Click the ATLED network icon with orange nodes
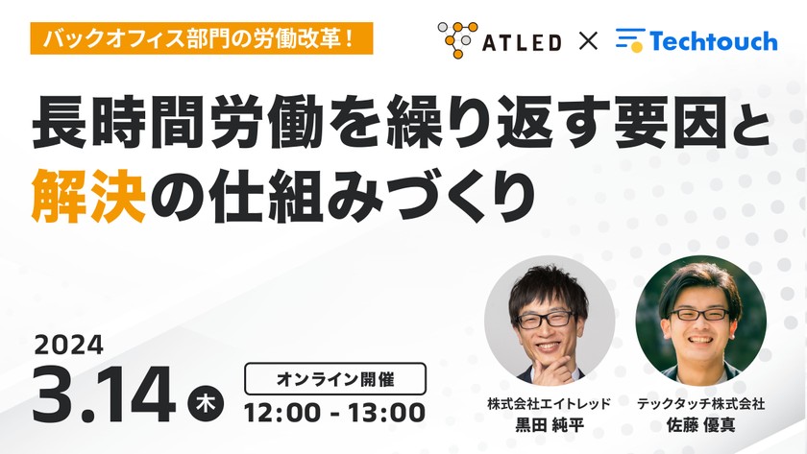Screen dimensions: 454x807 [456, 40]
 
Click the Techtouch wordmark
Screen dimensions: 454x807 [710, 41]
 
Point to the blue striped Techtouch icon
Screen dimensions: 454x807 [629, 40]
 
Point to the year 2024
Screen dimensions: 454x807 [68, 344]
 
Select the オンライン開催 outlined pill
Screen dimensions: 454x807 [333, 377]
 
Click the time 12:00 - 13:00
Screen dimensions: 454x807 [334, 413]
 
